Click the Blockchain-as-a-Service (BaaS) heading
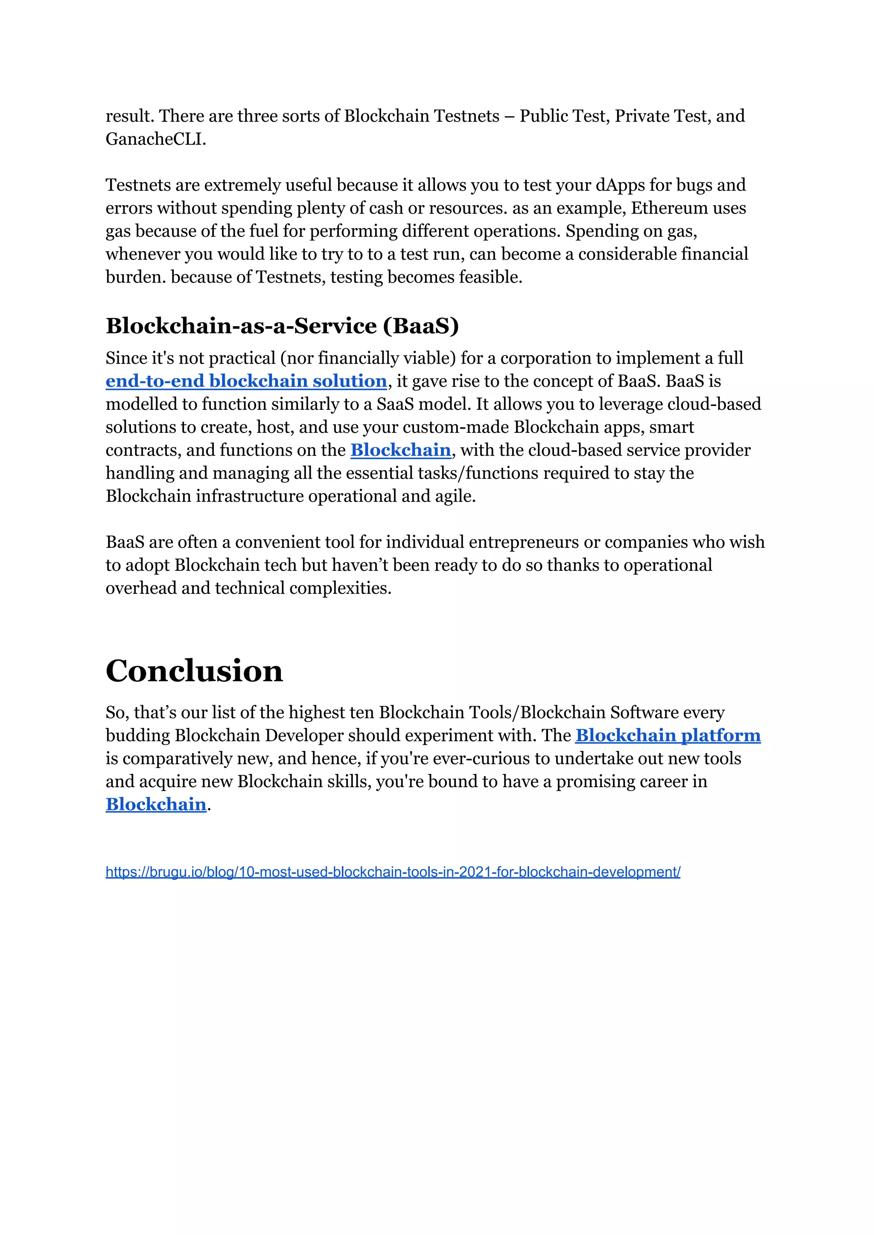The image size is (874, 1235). [282, 326]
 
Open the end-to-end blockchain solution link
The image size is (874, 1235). [246, 381]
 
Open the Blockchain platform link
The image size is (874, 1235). [667, 736]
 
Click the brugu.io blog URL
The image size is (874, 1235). [393, 872]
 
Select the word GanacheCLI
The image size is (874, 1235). [155, 140]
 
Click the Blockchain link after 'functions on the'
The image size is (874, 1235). [400, 450]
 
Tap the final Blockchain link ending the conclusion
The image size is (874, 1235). [155, 804]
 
